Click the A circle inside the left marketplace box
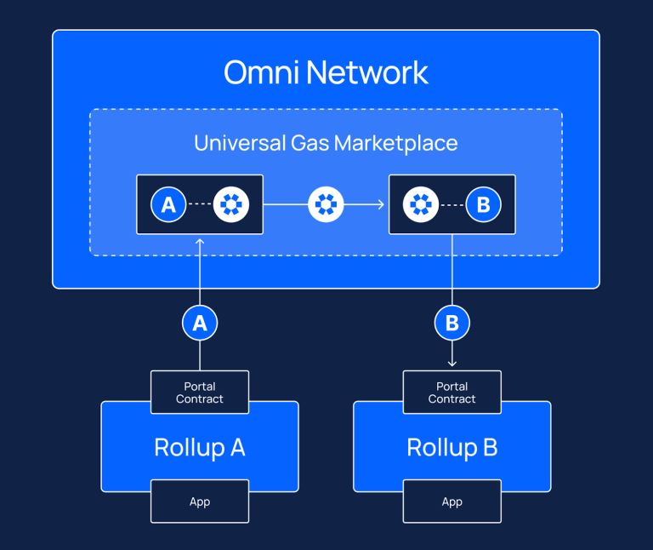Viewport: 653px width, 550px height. [x=168, y=205]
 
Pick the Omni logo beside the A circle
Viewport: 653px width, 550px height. [x=230, y=205]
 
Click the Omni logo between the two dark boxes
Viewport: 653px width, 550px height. [x=326, y=205]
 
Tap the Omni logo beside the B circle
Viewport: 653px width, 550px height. [x=420, y=205]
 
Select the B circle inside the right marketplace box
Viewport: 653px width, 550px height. [x=483, y=205]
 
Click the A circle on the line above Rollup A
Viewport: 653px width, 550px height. [x=200, y=323]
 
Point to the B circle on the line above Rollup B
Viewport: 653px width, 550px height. [x=452, y=323]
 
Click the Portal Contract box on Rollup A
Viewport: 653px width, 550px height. [x=200, y=392]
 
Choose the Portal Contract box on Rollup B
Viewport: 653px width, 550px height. [x=452, y=392]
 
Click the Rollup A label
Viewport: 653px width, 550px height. [x=200, y=447]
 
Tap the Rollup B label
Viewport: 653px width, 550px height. [x=452, y=447]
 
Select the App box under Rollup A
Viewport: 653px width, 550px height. [x=200, y=501]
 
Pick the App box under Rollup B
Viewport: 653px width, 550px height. [x=452, y=501]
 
